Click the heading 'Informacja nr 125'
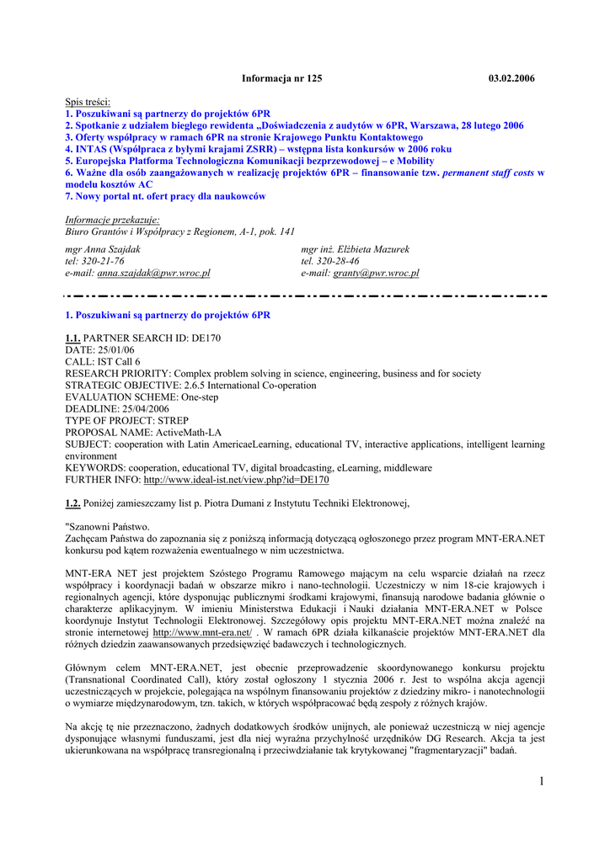[281, 78]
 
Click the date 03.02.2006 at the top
[511, 78]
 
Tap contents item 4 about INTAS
[258, 149]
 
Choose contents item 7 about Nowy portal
[165, 196]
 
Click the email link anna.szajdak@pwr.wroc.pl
[153, 274]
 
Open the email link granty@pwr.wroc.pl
[376, 274]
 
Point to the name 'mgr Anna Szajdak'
[103, 249]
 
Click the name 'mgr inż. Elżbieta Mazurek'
[355, 249]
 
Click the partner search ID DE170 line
[144, 338]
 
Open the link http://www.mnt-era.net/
[202, 631]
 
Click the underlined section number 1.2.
[72, 503]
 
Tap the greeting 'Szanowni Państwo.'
[108, 527]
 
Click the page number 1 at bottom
[540, 782]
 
